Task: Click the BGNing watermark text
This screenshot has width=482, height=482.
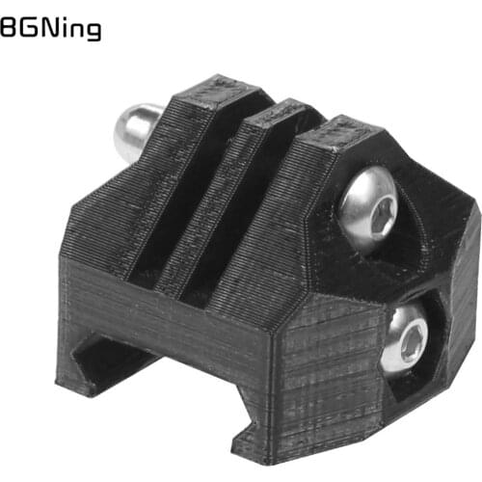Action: (50, 30)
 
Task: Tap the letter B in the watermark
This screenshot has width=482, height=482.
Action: (8, 30)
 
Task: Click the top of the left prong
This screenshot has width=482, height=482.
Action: (220, 92)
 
